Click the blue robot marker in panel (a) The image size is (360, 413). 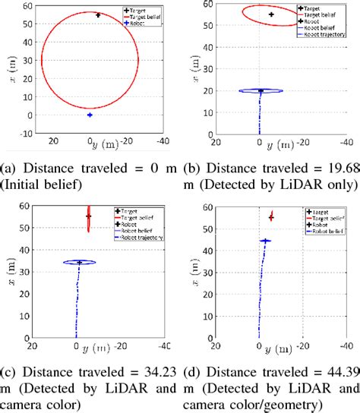[90, 115]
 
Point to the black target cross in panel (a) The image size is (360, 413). [98, 15]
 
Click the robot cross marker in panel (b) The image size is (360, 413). [261, 90]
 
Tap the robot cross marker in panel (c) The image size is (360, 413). [79, 263]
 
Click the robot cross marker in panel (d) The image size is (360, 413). [265, 241]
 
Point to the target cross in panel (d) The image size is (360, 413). [271, 217]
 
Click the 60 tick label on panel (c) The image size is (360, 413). [25, 206]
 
